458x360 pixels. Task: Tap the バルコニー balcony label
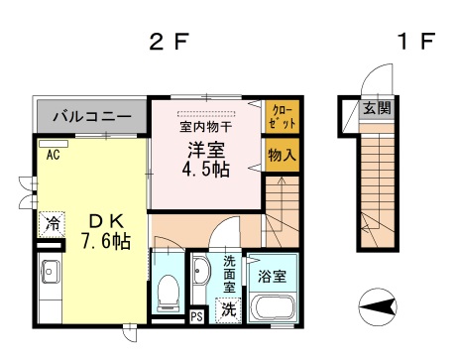(x=91, y=117)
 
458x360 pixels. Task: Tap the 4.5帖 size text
(x=206, y=171)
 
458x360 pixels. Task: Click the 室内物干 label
(x=205, y=126)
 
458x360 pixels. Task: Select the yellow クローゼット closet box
(x=281, y=118)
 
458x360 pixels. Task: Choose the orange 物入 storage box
(x=281, y=155)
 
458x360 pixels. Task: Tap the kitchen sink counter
(x=50, y=282)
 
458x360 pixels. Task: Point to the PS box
(x=196, y=317)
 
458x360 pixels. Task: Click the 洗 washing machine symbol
(x=228, y=308)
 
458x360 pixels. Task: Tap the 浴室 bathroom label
(x=273, y=274)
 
